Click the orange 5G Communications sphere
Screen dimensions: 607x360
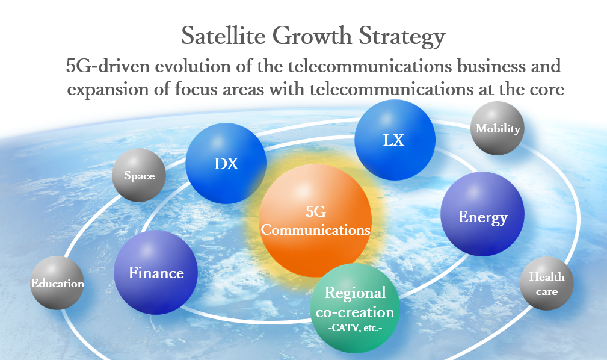[x=315, y=220]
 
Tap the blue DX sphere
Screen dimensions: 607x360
[x=226, y=163]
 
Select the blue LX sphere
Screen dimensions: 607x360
[x=395, y=140]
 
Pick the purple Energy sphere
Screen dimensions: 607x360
[x=482, y=214]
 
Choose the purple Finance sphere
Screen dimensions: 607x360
[x=156, y=273]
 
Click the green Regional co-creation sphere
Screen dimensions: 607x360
[x=355, y=308]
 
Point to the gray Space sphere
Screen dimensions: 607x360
[x=139, y=175]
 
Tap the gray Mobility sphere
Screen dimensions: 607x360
[x=498, y=128]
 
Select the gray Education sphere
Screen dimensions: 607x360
[x=57, y=283]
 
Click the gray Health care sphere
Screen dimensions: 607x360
[x=547, y=284]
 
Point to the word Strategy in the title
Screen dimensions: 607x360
[x=402, y=37]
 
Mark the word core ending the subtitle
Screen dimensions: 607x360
[x=547, y=90]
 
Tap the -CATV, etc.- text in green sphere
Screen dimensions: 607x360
[x=356, y=328]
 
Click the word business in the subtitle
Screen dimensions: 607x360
[x=491, y=66]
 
